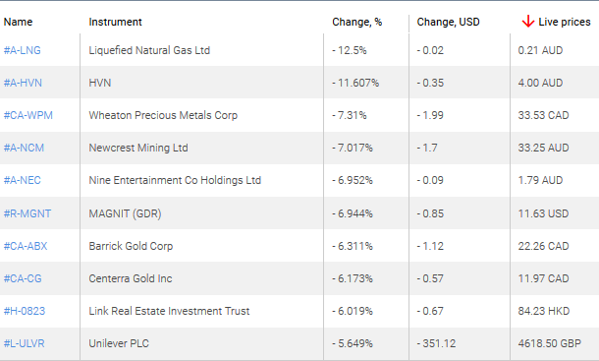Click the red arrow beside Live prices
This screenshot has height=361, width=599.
point(527,21)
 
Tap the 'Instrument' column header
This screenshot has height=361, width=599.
point(115,22)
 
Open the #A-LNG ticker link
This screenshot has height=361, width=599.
point(23,50)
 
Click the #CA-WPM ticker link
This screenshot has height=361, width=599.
point(27,115)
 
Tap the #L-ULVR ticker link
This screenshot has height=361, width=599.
point(25,343)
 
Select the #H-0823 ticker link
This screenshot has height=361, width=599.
point(25,311)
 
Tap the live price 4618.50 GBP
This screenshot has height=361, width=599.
point(551,343)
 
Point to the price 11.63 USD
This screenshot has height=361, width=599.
point(543,213)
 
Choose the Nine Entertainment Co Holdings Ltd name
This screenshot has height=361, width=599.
point(175,180)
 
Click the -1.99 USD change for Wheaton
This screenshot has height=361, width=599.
point(432,115)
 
